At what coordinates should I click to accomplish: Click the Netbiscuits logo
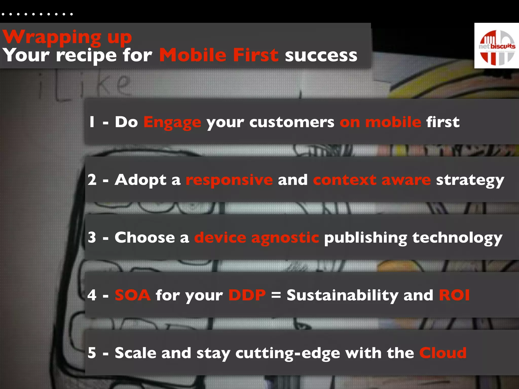click(496, 46)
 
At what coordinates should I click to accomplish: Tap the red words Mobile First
click(219, 55)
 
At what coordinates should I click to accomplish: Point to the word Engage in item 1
click(172, 122)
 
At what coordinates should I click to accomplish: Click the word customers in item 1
click(292, 122)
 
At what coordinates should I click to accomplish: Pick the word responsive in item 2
click(229, 180)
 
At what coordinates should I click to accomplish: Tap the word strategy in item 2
click(470, 180)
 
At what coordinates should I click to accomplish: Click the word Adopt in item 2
click(141, 180)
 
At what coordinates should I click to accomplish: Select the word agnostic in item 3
click(285, 238)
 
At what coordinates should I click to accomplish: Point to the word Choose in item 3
click(145, 238)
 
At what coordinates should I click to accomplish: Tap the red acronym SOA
click(133, 295)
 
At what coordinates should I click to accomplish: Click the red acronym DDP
click(247, 295)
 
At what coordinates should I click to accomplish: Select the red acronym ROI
click(454, 295)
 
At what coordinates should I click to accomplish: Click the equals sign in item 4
click(276, 295)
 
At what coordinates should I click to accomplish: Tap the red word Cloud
click(443, 353)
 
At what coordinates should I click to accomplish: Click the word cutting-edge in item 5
click(288, 353)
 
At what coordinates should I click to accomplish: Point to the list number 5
click(92, 353)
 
